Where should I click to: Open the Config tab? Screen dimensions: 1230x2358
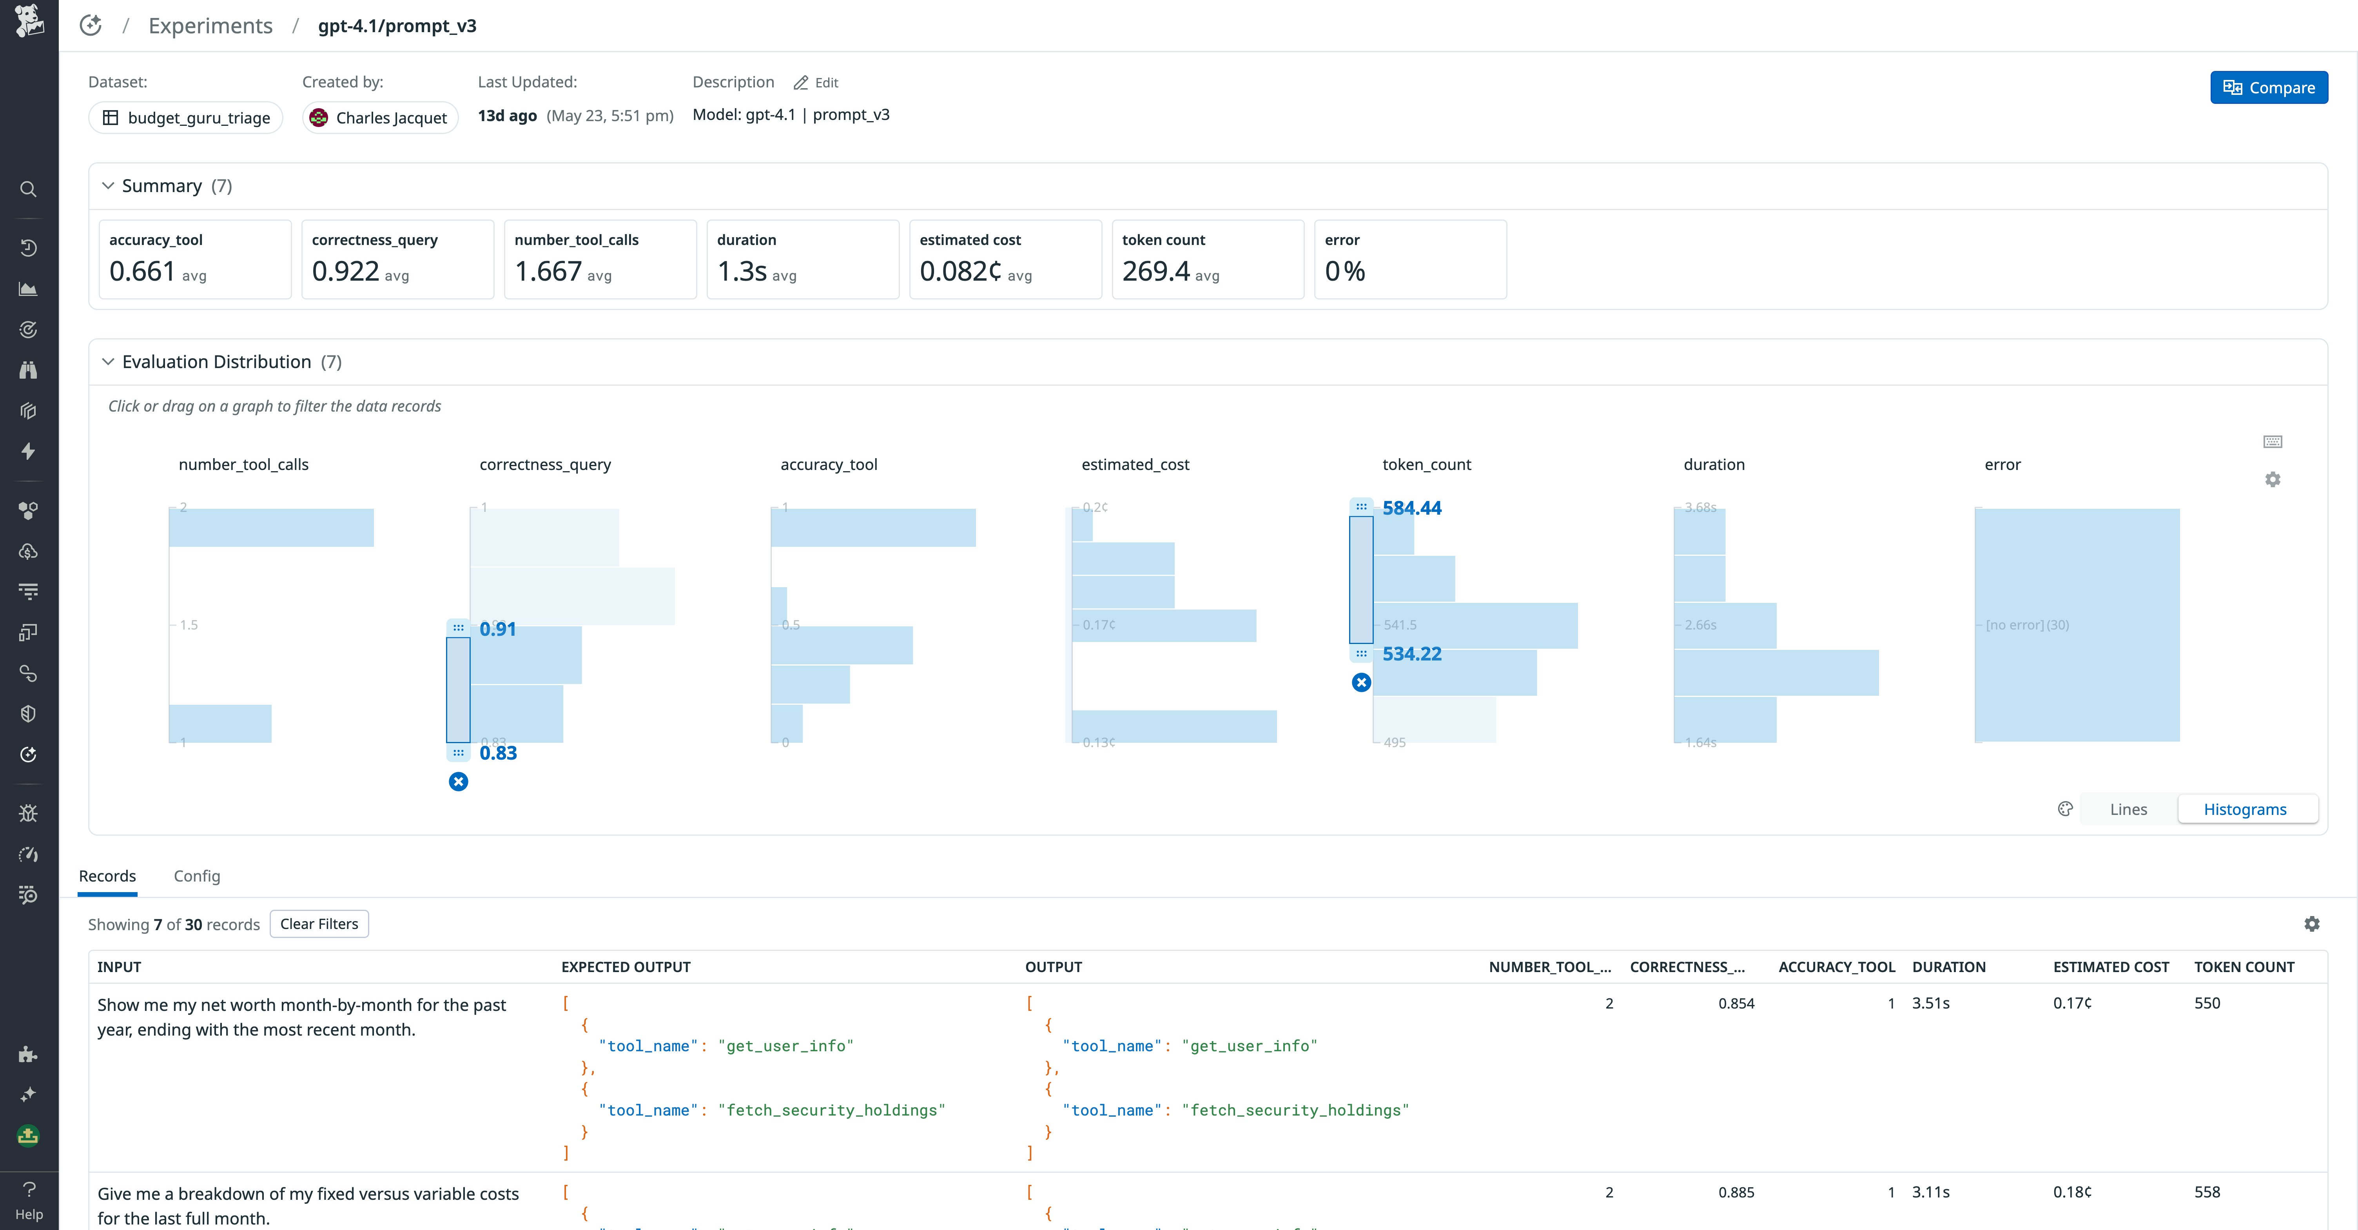[197, 876]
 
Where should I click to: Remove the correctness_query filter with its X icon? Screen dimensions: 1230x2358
[459, 782]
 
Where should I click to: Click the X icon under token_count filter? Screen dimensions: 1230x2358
[1361, 683]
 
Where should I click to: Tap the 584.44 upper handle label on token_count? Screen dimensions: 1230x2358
[1411, 508]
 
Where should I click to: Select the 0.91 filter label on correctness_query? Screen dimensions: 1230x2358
[498, 629]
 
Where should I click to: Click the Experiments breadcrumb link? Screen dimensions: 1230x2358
[210, 25]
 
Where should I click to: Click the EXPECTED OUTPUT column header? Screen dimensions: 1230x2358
[626, 967]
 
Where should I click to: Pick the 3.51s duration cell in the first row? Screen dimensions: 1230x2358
[1930, 1003]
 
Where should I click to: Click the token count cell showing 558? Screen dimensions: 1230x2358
[2207, 1192]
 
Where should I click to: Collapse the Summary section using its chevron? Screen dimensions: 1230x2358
[108, 186]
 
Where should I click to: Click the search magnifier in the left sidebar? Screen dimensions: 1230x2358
[28, 189]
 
